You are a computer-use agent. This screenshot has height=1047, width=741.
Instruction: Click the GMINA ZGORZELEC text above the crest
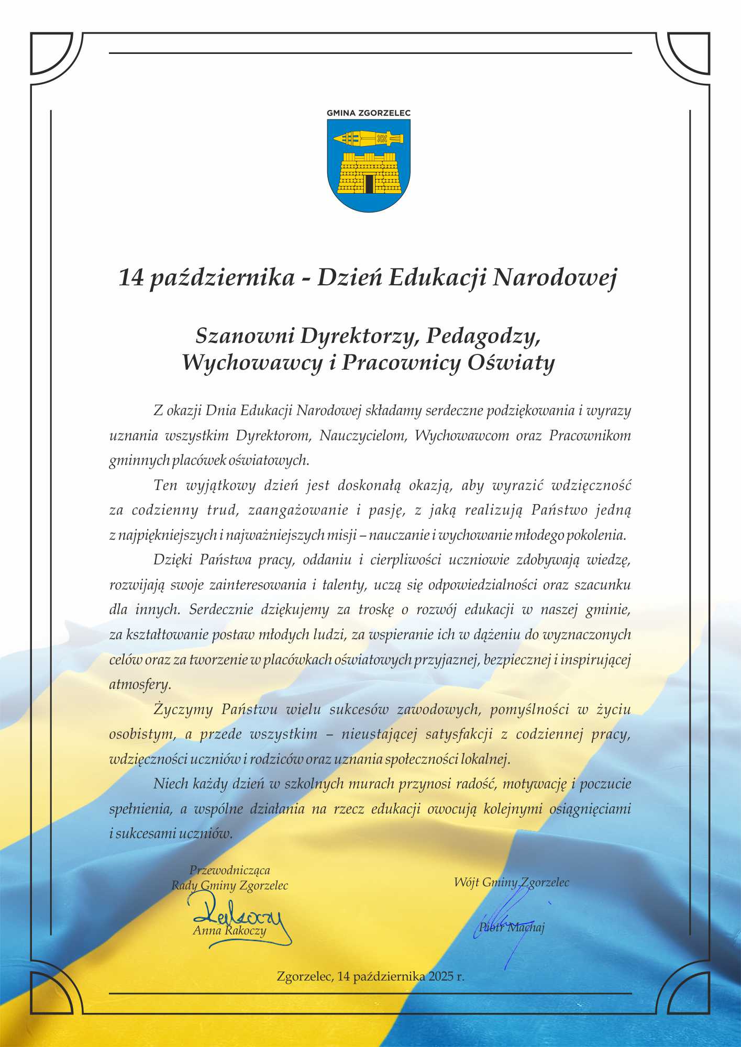[x=368, y=113]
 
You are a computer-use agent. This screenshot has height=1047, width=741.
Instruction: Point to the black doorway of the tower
[x=369, y=184]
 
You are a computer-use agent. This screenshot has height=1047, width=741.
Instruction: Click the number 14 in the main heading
[x=131, y=277]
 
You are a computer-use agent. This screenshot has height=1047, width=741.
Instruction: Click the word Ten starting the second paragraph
[x=165, y=485]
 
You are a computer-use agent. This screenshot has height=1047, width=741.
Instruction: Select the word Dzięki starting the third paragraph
[x=172, y=560]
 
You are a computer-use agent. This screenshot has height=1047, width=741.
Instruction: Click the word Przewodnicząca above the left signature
[x=229, y=870]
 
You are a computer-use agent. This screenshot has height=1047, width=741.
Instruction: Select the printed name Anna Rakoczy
[x=229, y=930]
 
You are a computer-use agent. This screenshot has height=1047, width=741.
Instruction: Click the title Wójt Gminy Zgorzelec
[x=511, y=882]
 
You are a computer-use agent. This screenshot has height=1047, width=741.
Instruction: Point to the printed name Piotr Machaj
[x=512, y=927]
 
